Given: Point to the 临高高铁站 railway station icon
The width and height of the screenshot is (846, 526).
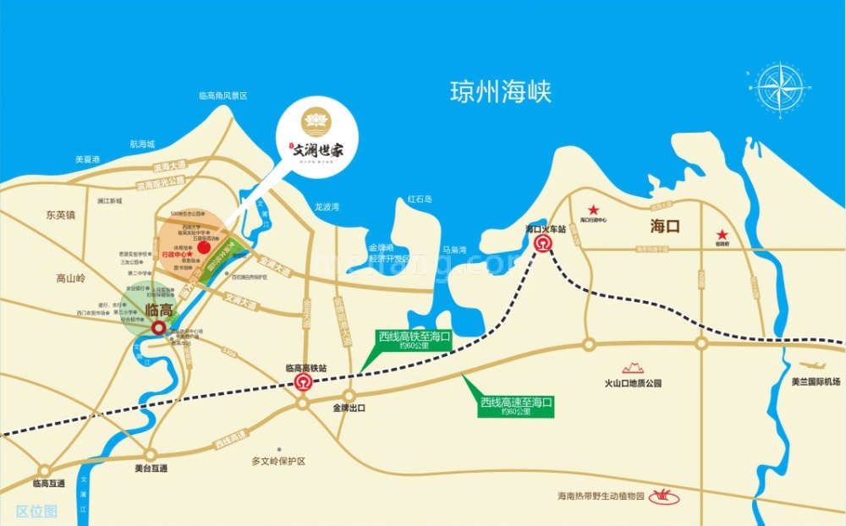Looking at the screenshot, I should click(x=303, y=382).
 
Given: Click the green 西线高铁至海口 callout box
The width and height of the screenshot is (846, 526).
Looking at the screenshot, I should click(x=415, y=340).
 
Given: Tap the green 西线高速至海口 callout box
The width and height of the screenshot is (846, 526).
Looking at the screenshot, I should click(x=516, y=407).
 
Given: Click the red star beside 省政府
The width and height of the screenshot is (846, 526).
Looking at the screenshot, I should click(x=722, y=235).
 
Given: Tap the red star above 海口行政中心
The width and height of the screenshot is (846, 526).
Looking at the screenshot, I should click(x=594, y=209).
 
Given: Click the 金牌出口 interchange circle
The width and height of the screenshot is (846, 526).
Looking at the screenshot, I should click(x=349, y=395).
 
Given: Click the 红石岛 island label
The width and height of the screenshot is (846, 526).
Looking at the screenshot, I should click(x=420, y=200).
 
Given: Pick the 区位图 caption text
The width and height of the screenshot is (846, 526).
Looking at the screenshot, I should click(x=36, y=511).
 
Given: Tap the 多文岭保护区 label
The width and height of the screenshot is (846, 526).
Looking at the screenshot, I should click(x=277, y=462).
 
